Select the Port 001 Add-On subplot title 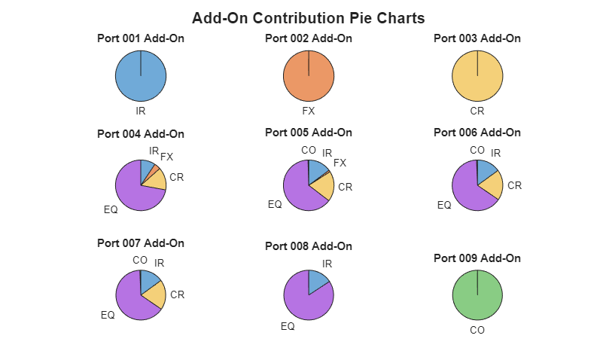(141, 38)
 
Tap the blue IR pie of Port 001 (141, 76)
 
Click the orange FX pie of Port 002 (309, 76)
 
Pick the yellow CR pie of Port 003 (477, 76)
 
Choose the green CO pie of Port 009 (477, 296)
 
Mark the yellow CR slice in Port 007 (154, 294)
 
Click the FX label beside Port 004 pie (166, 157)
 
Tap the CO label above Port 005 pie (309, 150)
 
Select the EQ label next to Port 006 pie (444, 205)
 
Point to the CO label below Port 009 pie (477, 330)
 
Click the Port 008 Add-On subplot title (309, 246)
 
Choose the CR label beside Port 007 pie (177, 294)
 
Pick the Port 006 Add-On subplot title (477, 133)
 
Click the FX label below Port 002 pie (309, 111)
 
